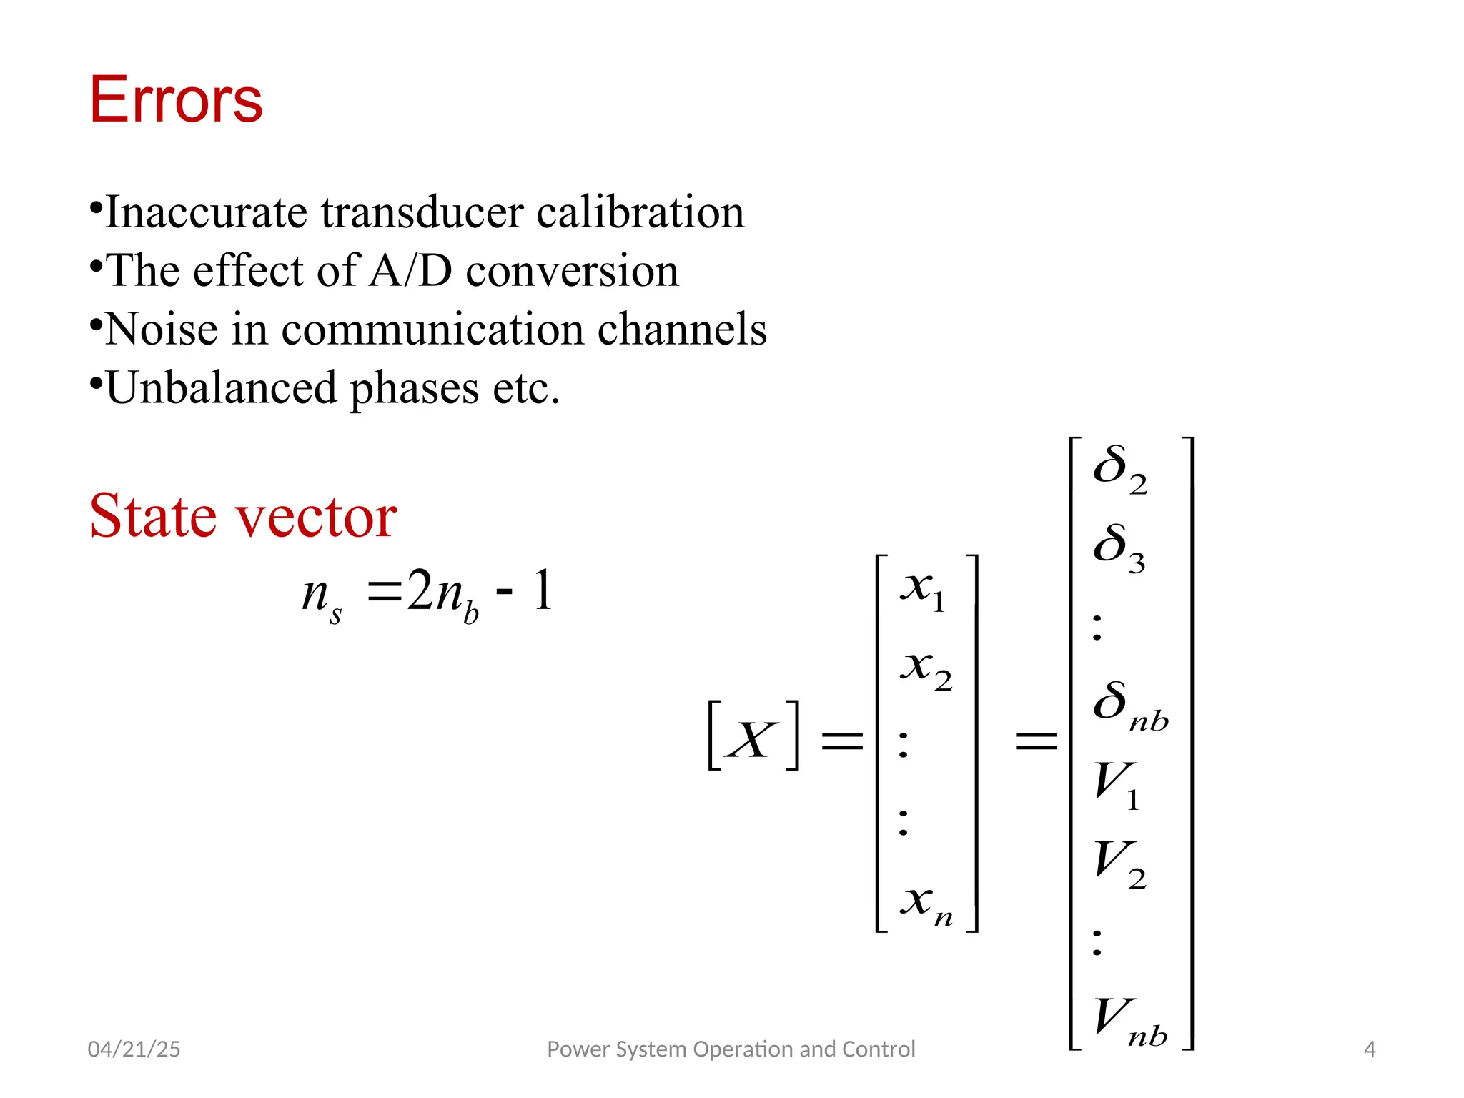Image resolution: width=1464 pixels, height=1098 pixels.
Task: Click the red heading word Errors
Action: [176, 100]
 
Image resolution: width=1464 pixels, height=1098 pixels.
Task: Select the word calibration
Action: [640, 212]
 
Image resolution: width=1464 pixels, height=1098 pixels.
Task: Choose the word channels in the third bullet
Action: [682, 330]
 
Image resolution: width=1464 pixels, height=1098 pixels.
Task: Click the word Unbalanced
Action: [222, 388]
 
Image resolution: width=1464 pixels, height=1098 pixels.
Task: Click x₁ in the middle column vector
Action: [924, 590]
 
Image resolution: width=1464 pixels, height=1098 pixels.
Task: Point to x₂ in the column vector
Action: [926, 669]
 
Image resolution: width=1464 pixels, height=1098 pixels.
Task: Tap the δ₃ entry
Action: [1119, 547]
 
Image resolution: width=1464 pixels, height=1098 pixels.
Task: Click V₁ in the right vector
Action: [1117, 783]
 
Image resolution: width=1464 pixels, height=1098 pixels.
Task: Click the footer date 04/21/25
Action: [134, 1049]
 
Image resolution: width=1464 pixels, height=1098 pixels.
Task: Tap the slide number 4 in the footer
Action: [1370, 1049]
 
